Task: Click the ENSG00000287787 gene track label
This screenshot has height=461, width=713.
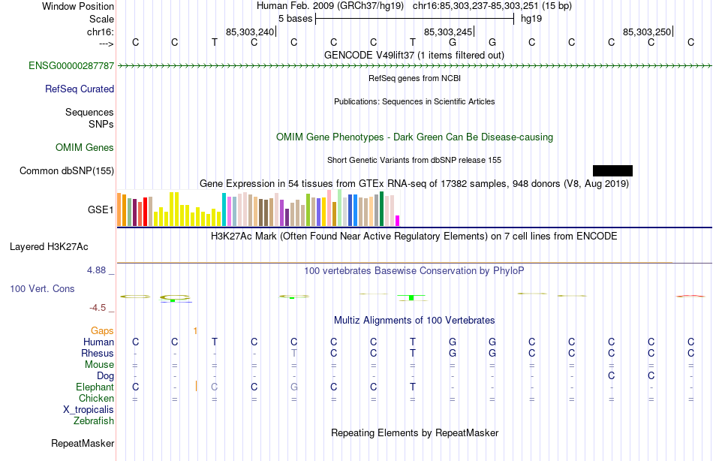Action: (x=71, y=66)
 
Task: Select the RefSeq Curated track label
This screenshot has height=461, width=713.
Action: (x=80, y=89)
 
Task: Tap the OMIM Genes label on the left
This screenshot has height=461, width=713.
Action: (x=85, y=148)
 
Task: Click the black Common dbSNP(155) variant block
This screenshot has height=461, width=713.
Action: (x=612, y=170)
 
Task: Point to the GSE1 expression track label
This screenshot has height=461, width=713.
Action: (x=101, y=210)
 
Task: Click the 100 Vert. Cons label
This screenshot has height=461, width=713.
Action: (x=42, y=289)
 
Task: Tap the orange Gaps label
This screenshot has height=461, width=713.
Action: (x=102, y=330)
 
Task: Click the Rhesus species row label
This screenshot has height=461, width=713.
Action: (x=98, y=354)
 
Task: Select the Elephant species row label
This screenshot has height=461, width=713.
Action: (x=95, y=387)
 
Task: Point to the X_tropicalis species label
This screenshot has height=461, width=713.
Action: (x=89, y=410)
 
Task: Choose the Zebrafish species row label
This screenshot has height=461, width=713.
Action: (x=93, y=421)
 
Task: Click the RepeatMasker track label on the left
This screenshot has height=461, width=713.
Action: (x=83, y=444)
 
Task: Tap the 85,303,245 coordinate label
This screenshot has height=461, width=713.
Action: (x=448, y=32)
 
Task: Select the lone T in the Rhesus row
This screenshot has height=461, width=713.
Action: (x=294, y=354)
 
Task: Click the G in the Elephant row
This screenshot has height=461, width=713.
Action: (x=294, y=387)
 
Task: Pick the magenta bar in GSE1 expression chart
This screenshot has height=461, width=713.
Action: (x=397, y=220)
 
